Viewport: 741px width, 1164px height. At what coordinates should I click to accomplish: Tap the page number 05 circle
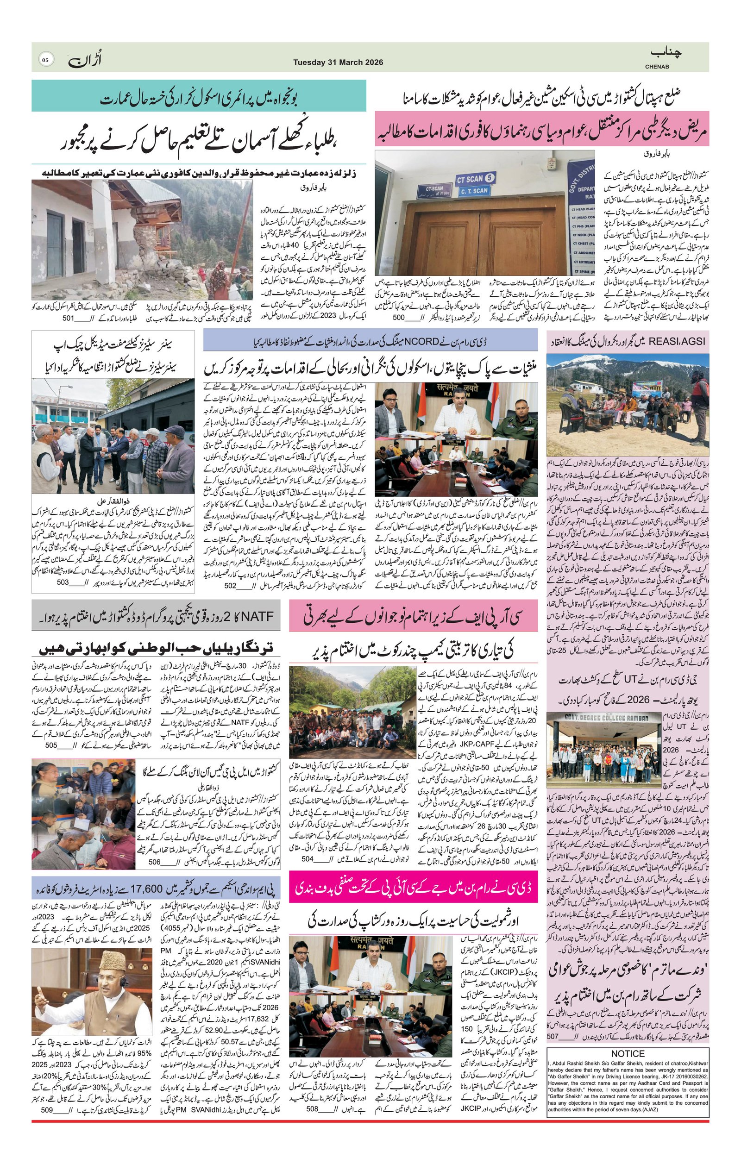[45, 60]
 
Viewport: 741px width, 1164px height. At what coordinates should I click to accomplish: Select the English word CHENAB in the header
[657, 67]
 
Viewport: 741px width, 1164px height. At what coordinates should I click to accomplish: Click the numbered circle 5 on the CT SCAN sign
[490, 177]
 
